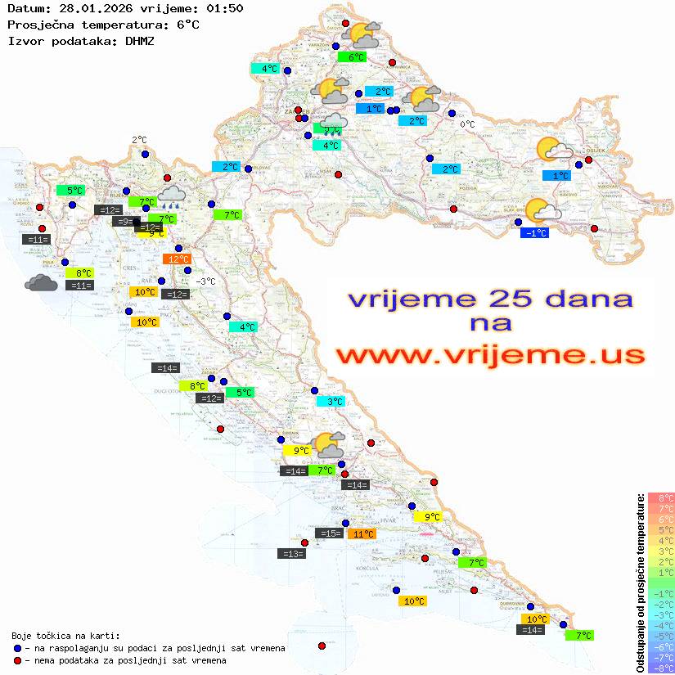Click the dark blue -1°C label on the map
tap(535, 233)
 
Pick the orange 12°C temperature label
tap(178, 259)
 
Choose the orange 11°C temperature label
tap(362, 534)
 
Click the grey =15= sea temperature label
tap(329, 533)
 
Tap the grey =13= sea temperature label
tap(292, 554)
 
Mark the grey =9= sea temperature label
tap(123, 222)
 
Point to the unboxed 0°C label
tap(466, 124)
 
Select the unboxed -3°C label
tap(206, 281)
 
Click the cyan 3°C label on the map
tap(335, 402)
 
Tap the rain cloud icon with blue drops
tap(172, 195)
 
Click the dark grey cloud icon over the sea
tap(41, 283)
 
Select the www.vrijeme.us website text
tap(489, 355)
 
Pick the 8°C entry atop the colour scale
tap(661, 497)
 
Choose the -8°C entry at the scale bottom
tap(661, 668)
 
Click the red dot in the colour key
tap(18, 660)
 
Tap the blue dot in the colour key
tap(18, 648)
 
